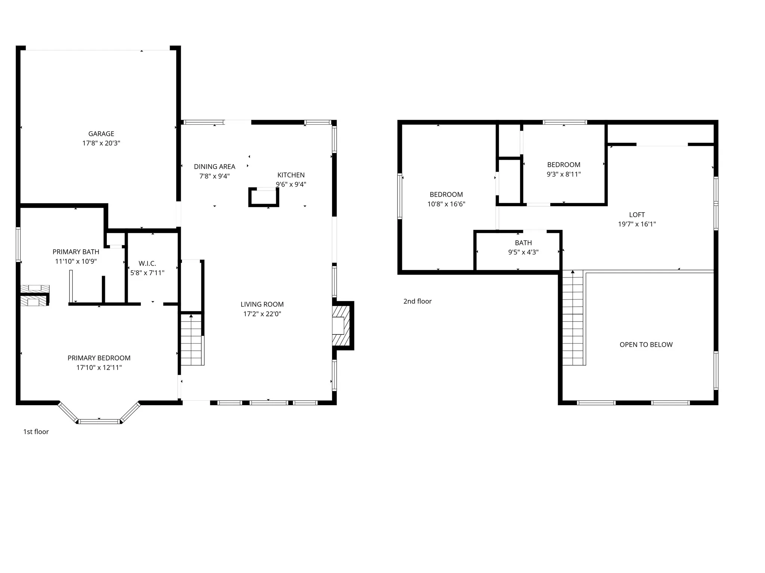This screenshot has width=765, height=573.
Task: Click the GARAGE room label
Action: pyautogui.click(x=101, y=134)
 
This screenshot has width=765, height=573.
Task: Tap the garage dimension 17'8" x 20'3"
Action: pyautogui.click(x=101, y=143)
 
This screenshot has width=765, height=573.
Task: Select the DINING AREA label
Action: pyautogui.click(x=214, y=167)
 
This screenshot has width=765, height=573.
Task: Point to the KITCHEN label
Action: pyautogui.click(x=291, y=175)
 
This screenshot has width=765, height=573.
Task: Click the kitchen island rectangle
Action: pyautogui.click(x=264, y=197)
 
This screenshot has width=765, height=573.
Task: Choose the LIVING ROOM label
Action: pyautogui.click(x=262, y=304)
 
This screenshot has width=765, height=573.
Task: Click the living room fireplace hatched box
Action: pyautogui.click(x=341, y=326)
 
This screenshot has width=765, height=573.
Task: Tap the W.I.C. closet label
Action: pyautogui.click(x=147, y=263)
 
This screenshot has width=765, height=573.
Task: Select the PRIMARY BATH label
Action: pyautogui.click(x=76, y=252)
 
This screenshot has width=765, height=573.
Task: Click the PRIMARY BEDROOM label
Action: pyautogui.click(x=99, y=358)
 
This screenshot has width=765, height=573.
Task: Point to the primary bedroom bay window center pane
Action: pyautogui.click(x=99, y=422)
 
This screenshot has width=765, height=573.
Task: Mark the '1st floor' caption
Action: pyautogui.click(x=36, y=432)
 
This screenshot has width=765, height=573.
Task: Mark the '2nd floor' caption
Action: pyautogui.click(x=417, y=301)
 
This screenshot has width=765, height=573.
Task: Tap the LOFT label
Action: pyautogui.click(x=637, y=215)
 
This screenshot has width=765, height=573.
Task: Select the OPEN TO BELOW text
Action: pyautogui.click(x=646, y=345)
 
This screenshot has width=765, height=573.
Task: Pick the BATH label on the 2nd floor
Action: pyautogui.click(x=523, y=243)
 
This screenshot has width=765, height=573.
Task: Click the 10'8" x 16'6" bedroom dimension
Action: pyautogui.click(x=446, y=204)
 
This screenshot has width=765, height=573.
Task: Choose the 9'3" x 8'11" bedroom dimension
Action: pyautogui.click(x=564, y=174)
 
